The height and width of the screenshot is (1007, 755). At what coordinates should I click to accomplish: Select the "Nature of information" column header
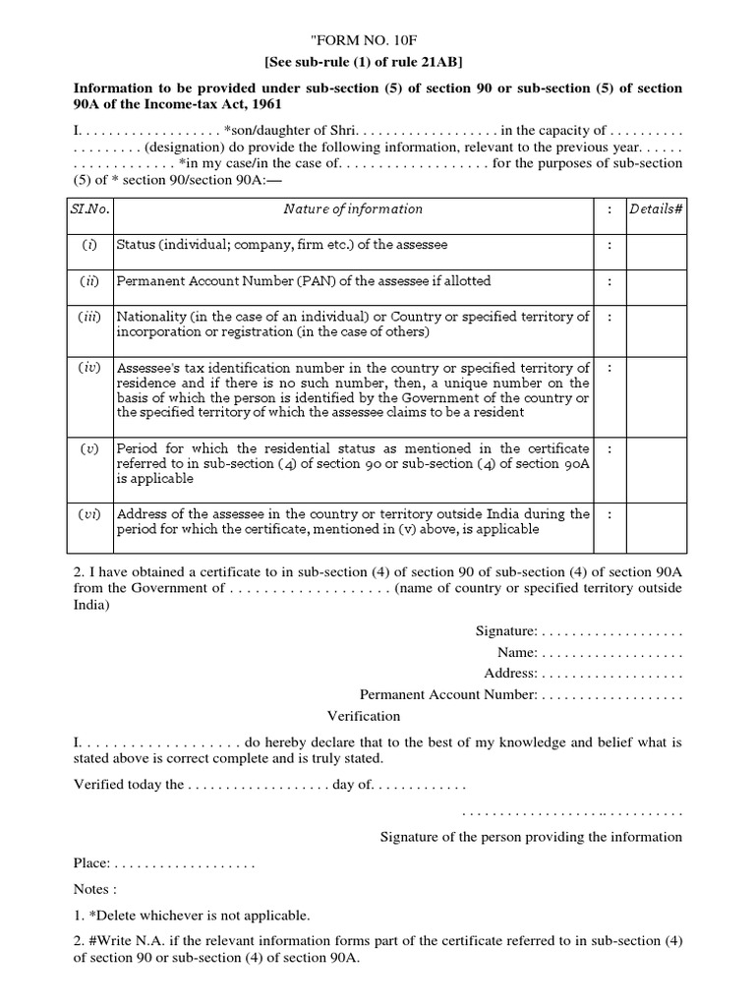click(x=353, y=209)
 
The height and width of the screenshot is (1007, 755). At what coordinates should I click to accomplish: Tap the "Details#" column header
click(x=656, y=209)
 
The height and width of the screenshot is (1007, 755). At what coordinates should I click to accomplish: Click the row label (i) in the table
click(x=90, y=245)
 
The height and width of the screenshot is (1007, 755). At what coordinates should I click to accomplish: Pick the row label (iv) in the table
click(x=90, y=367)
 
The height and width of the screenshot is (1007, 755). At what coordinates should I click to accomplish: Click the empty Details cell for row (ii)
click(x=656, y=281)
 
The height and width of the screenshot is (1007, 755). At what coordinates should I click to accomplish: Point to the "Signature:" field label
click(x=505, y=630)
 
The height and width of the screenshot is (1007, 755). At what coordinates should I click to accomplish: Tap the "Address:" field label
click(x=510, y=674)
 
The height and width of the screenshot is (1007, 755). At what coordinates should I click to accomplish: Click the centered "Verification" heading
click(x=363, y=716)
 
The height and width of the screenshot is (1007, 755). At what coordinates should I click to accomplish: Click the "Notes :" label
click(x=95, y=888)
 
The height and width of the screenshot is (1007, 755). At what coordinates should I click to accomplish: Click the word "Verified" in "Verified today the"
click(x=99, y=785)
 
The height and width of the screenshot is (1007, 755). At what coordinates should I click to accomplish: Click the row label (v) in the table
click(x=90, y=448)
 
